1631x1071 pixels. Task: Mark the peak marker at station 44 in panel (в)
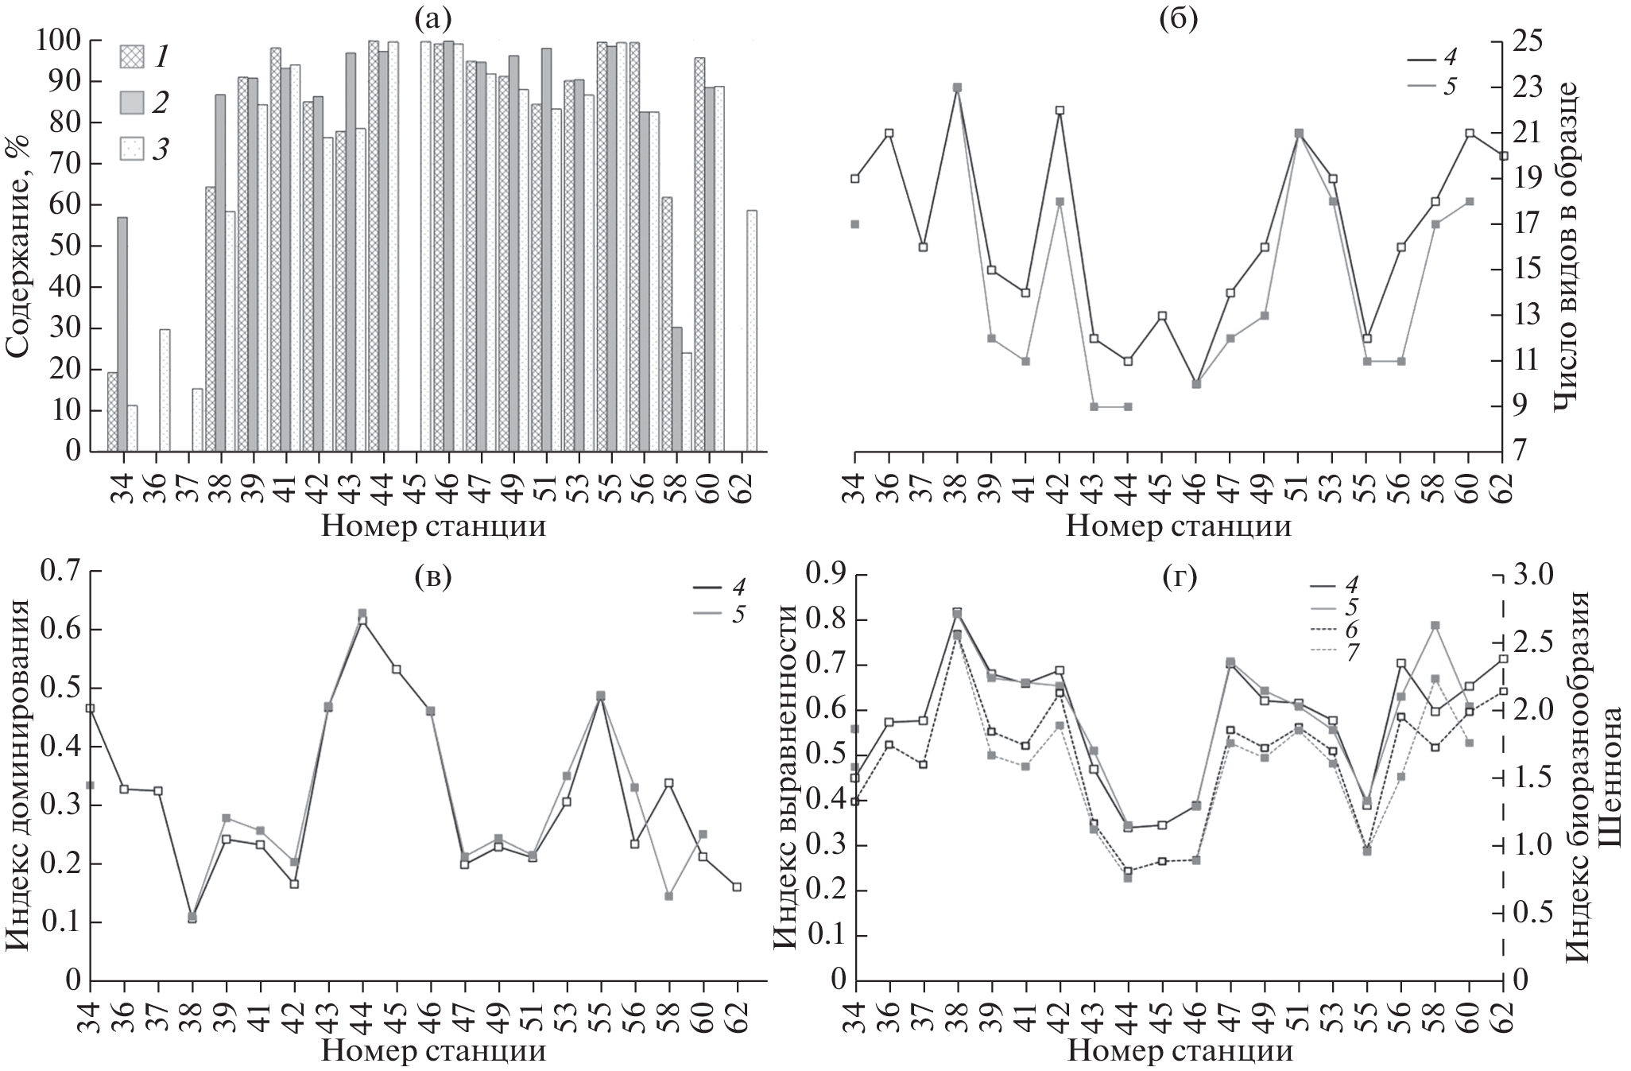point(362,613)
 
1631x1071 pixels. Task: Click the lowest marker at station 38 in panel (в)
point(192,918)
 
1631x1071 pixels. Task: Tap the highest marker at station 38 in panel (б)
point(958,87)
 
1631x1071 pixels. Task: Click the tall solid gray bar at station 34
point(122,334)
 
